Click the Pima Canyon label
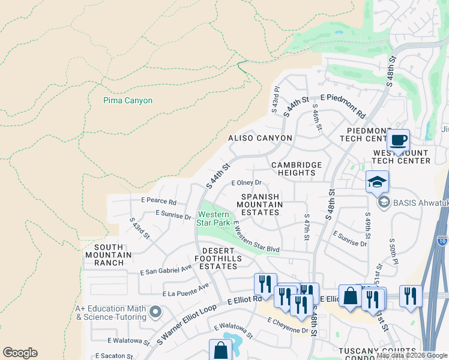coord(128,101)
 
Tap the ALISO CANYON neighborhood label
coord(260,138)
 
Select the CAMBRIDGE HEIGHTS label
coord(297,169)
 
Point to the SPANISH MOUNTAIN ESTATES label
coord(260,205)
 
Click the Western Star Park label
coord(214,218)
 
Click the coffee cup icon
coord(399,141)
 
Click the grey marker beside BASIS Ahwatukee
coord(382,202)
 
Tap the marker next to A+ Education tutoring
coord(156,311)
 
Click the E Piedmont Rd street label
coord(343,105)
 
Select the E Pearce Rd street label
coord(158,202)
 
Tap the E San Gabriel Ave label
coord(166,271)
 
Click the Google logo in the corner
coord(20,353)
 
